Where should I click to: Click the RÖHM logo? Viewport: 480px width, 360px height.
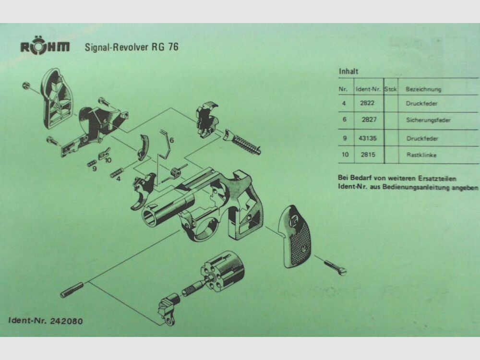pyautogui.click(x=45, y=47)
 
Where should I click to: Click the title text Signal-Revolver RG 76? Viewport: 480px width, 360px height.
pyautogui.click(x=132, y=48)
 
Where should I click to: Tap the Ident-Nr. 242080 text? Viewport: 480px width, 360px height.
pyautogui.click(x=46, y=321)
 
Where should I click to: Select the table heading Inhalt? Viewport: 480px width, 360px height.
pyautogui.click(x=348, y=72)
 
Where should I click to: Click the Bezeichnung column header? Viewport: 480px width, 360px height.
pyautogui.click(x=423, y=89)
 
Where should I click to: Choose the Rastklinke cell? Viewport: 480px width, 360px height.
pyautogui.click(x=421, y=155)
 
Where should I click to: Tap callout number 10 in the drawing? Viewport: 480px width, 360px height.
pyautogui.click(x=108, y=160)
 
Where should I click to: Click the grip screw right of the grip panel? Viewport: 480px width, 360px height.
pyautogui.click(x=336, y=267)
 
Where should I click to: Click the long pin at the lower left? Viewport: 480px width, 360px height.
pyautogui.click(x=72, y=290)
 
